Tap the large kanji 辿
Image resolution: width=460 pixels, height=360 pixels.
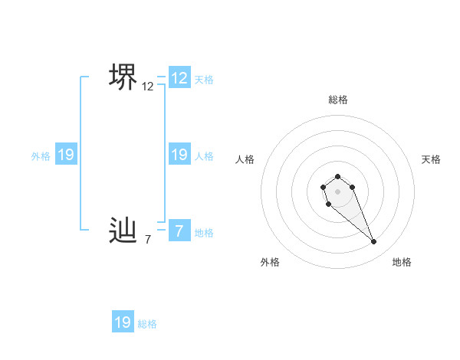pos(123,229)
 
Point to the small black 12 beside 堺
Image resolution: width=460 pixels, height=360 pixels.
pos(148,87)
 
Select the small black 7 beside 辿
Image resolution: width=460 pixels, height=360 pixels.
pos(148,240)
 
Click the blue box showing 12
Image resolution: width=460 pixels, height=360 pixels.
pos(179,77)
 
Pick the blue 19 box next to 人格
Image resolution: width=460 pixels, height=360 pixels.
pos(179,155)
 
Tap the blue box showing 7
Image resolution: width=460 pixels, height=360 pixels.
pos(179,230)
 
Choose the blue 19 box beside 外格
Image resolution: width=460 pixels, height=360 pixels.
pos(66,155)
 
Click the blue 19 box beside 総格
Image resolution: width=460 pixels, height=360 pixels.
pos(123,322)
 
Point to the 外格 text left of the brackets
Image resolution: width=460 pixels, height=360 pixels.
pos(41,156)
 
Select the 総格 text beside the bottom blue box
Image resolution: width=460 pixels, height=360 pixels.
pos(147,324)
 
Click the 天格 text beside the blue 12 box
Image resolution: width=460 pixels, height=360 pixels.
pos(204,79)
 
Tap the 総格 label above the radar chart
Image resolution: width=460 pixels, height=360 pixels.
pos(338,100)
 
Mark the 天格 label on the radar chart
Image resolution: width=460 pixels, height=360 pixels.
pos(431,159)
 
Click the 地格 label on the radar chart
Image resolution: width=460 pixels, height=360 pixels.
pos(402,262)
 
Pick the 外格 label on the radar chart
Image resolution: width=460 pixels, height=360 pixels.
pos(270,262)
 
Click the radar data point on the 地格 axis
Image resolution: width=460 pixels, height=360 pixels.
pos(374,242)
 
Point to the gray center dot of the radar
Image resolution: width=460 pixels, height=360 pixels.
pos(338,191)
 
